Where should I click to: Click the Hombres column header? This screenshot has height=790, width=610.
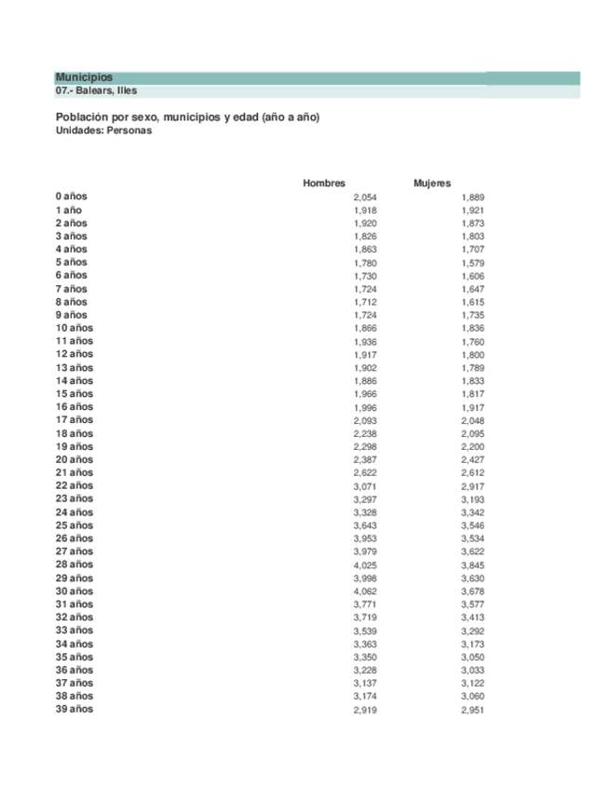[x=324, y=184]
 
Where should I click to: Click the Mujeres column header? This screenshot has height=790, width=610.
[x=432, y=184]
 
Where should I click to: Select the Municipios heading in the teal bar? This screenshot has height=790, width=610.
[x=84, y=77]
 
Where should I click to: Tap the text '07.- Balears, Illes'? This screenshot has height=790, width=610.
[x=96, y=91]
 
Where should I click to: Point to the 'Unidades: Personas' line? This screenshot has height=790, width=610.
[x=103, y=131]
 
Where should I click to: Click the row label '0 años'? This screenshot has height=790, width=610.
[x=72, y=197]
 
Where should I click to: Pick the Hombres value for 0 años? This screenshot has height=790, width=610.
[x=365, y=197]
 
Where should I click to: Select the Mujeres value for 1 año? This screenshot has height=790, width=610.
[x=472, y=211]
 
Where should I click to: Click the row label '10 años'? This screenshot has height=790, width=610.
[x=75, y=328]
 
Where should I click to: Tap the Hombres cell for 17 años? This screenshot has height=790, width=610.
[x=365, y=420]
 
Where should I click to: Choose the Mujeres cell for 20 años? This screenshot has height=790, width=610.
[x=472, y=459]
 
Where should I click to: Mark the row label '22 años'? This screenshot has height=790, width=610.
[x=75, y=485]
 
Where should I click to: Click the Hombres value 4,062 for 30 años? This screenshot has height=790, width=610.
[x=365, y=592]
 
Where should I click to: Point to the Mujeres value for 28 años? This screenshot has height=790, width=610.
[x=472, y=565]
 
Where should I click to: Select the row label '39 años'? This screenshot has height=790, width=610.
[x=75, y=709]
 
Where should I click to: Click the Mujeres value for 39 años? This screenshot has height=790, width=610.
[x=472, y=710]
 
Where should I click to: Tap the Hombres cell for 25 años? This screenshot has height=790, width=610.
[x=365, y=525]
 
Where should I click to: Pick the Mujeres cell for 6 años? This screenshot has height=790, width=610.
[x=472, y=276]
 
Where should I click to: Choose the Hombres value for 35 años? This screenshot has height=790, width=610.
[x=365, y=657]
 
